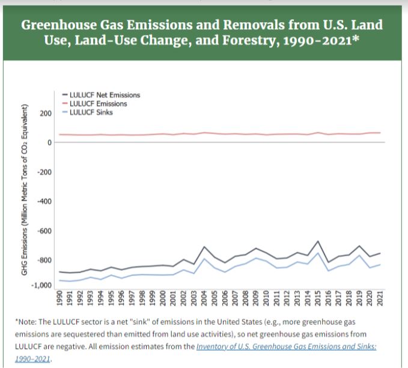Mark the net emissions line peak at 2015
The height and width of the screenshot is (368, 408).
[x=318, y=241]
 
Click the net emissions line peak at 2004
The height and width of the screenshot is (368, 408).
[x=205, y=247]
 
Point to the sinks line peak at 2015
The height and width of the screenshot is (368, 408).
[x=318, y=253]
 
